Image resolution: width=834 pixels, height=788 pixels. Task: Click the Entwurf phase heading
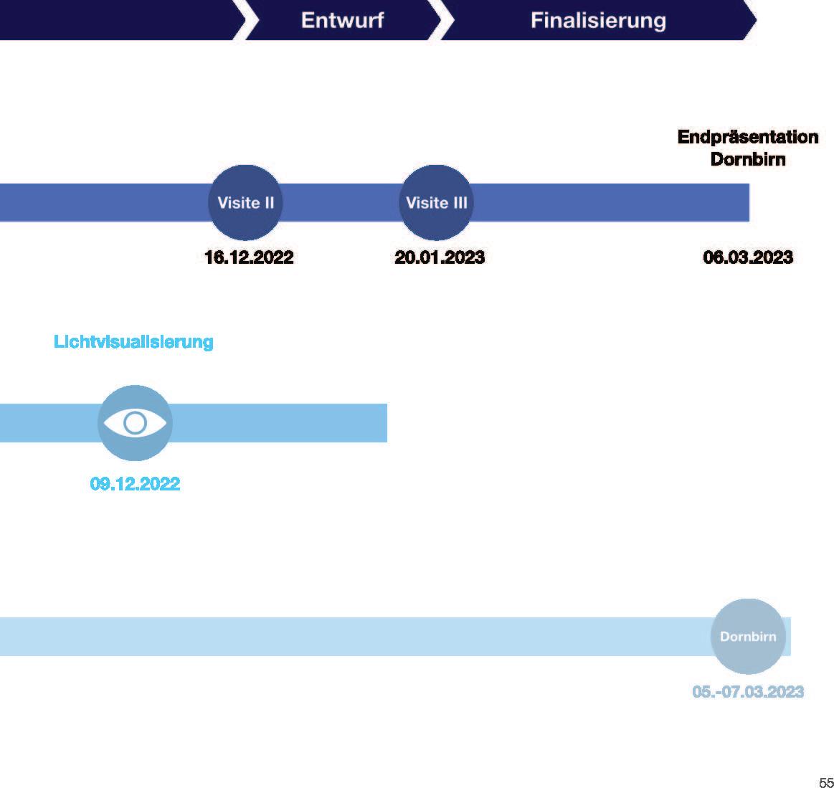(342, 20)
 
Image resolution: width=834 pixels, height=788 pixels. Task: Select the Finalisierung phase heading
(598, 20)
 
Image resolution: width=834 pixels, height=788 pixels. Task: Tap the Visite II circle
(245, 202)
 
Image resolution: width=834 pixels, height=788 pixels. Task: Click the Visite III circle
(436, 202)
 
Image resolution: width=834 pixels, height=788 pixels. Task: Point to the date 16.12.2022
(249, 257)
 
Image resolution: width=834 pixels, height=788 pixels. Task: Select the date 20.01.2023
(440, 257)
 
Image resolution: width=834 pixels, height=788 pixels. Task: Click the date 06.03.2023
(748, 257)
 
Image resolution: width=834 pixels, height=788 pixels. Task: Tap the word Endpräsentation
(748, 137)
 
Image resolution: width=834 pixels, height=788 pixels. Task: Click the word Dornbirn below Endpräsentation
(748, 159)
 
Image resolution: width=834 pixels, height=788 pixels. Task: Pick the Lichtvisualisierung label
(133, 342)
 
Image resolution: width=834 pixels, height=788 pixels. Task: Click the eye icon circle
(135, 423)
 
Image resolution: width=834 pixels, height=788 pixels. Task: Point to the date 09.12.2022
(135, 484)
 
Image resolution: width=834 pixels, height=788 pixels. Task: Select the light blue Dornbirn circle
(748, 636)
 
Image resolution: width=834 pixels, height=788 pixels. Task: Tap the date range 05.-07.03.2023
(748, 692)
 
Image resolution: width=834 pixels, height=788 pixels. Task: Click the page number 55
(825, 782)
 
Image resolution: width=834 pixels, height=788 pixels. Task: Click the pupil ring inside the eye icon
(135, 423)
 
